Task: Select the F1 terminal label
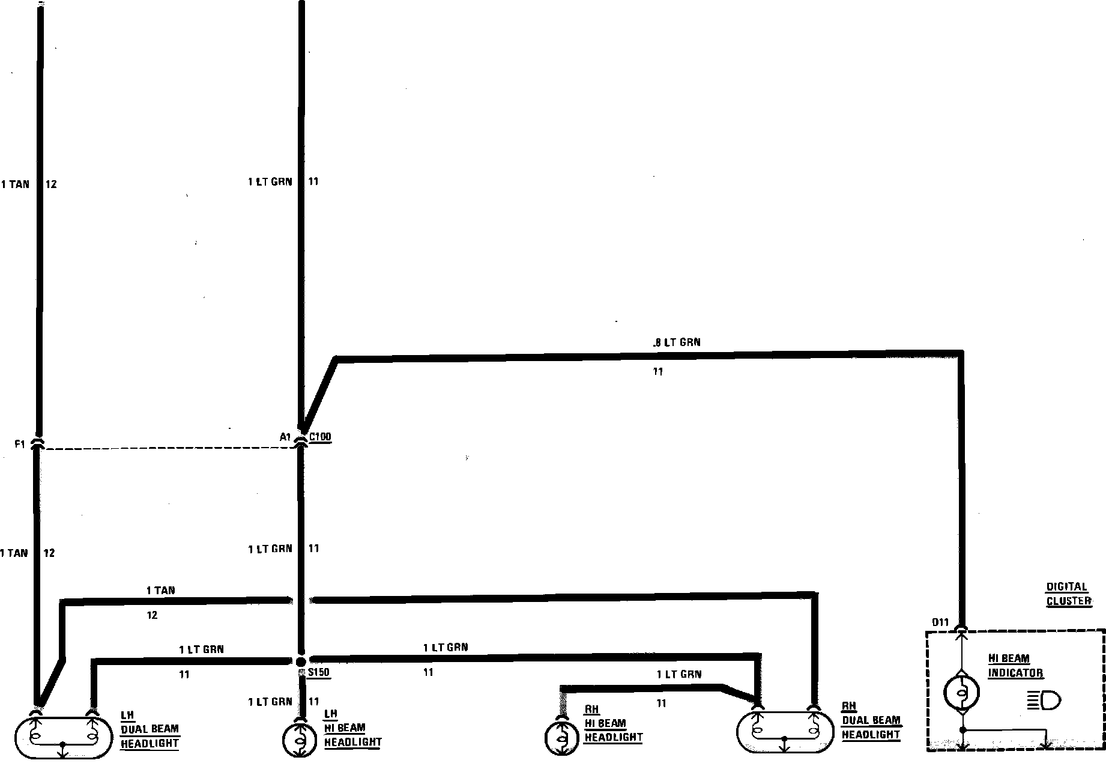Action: [20, 445]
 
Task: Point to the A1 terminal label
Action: [285, 437]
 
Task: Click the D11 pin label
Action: [940, 622]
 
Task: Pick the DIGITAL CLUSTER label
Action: [1068, 594]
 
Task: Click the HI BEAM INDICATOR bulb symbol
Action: [962, 693]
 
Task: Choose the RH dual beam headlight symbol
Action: [785, 732]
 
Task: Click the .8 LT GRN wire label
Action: [676, 342]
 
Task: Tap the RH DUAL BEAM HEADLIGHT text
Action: [871, 720]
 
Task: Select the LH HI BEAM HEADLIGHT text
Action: [352, 728]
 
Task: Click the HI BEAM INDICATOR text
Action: [1015, 666]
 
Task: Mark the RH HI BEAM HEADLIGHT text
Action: [613, 723]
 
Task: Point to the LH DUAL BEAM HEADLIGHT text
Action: [150, 729]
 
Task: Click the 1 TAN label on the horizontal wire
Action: [160, 591]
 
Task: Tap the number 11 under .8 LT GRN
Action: [658, 372]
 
